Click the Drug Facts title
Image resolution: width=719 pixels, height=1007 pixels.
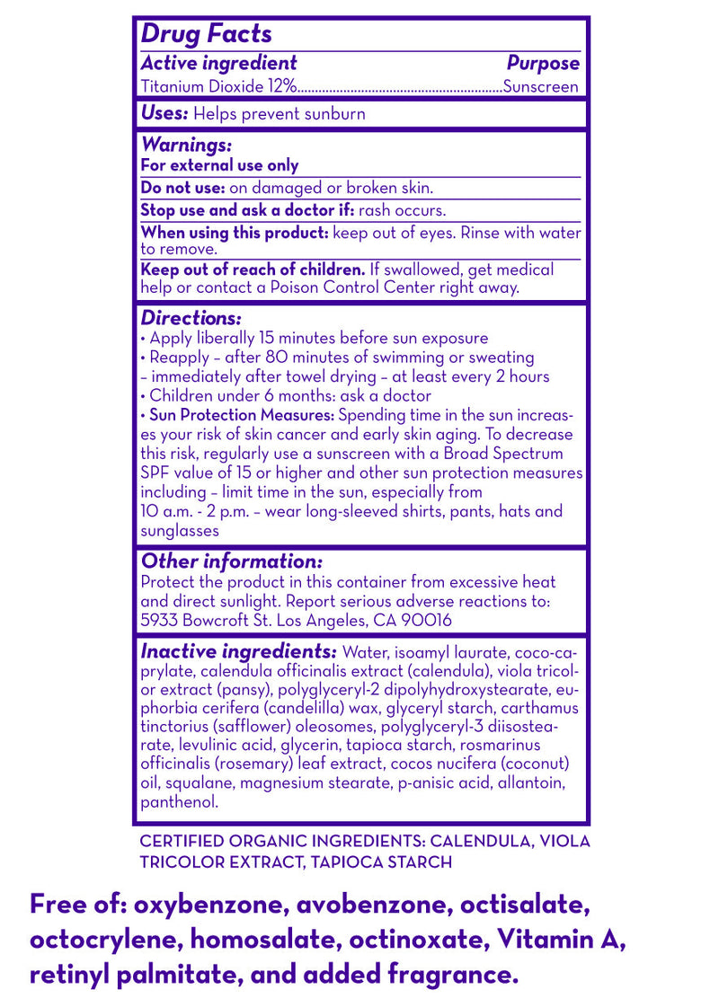click(x=206, y=34)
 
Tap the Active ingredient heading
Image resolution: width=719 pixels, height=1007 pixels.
click(x=218, y=63)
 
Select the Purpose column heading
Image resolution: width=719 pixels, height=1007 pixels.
click(x=543, y=63)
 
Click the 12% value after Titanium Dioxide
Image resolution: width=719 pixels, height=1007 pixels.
click(x=280, y=87)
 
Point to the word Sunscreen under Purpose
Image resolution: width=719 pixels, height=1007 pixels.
click(x=541, y=87)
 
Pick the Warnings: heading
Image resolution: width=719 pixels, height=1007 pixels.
click(x=186, y=145)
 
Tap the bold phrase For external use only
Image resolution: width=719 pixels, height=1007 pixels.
click(x=219, y=165)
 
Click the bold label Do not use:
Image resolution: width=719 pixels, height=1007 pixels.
click(x=182, y=188)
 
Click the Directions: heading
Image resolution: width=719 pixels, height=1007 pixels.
click(x=191, y=318)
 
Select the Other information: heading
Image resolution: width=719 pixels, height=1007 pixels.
click(x=231, y=561)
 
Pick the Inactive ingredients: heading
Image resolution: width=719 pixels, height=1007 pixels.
click(x=238, y=651)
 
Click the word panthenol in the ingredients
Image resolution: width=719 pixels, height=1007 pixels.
click(x=179, y=802)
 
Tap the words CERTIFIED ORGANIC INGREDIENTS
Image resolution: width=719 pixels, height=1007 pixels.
click(x=282, y=842)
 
